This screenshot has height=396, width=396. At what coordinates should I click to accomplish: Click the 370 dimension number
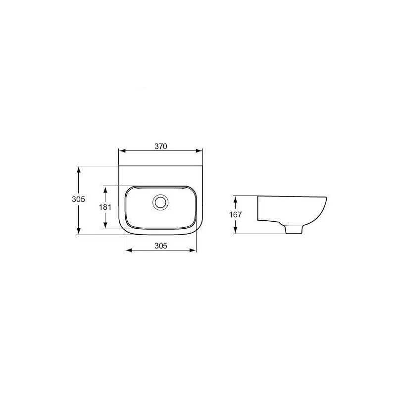point(161,146)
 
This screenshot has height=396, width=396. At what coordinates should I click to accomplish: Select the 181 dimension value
point(105,207)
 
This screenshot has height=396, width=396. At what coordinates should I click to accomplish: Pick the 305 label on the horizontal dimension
point(161,246)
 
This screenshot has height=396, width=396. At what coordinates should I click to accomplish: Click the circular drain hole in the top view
point(160,202)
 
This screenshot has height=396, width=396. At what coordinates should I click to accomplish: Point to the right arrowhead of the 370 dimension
point(199,151)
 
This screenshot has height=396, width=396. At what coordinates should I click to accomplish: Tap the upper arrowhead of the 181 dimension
point(105,189)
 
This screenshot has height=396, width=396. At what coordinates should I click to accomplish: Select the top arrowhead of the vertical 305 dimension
point(79,169)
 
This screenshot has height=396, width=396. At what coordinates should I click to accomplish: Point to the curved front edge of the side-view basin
point(322,210)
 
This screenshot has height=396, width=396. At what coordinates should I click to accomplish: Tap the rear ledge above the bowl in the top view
point(161,176)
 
